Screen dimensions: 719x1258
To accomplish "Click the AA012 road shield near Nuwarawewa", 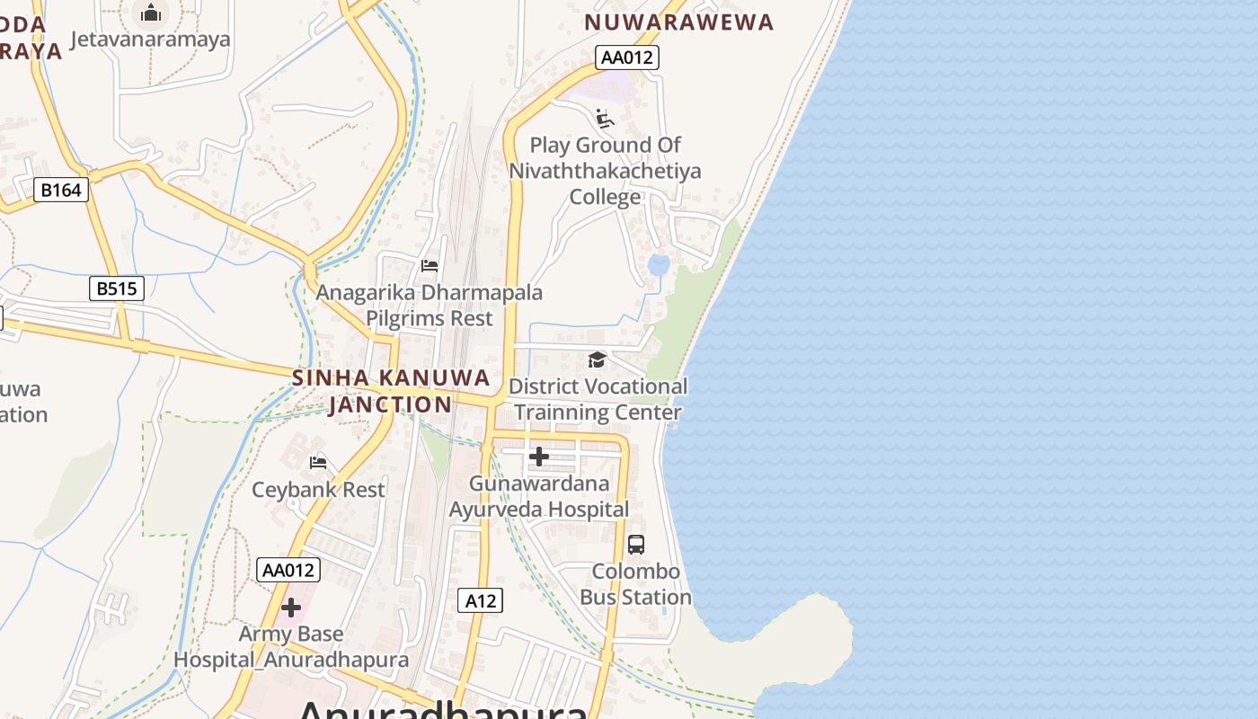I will click(x=627, y=58).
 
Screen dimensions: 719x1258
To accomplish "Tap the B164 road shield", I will click(x=61, y=190).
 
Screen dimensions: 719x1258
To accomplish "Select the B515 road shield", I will click(x=117, y=288).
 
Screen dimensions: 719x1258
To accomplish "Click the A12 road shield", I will click(x=480, y=600).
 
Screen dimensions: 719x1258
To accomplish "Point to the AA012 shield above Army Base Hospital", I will click(x=288, y=570).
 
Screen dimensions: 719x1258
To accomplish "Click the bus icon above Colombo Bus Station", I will click(x=635, y=544).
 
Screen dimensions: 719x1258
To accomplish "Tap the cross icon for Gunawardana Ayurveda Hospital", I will click(x=539, y=457).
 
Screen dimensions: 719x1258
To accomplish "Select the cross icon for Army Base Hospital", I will click(x=291, y=608).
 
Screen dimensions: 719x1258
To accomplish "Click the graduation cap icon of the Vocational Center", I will click(x=597, y=360).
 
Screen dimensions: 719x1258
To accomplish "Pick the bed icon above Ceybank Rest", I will click(x=318, y=463).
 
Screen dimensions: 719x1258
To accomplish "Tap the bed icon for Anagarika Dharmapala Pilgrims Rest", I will click(x=430, y=266).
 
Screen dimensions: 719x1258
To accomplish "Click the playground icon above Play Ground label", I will click(x=605, y=119).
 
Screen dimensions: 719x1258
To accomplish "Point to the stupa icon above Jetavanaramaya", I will click(x=151, y=13).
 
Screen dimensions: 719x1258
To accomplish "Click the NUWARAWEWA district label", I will click(x=678, y=22).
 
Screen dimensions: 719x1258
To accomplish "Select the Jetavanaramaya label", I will click(x=150, y=40).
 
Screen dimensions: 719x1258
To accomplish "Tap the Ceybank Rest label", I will click(x=318, y=490).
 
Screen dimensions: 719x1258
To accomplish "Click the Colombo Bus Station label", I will click(x=635, y=584).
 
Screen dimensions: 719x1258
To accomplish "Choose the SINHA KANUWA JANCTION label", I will click(x=391, y=391).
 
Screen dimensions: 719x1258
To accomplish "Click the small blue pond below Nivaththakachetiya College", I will click(x=659, y=264).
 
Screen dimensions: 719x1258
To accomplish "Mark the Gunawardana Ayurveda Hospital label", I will click(x=539, y=496).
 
